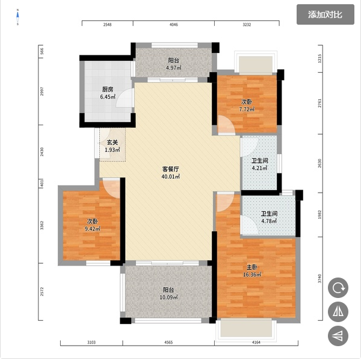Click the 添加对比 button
point(325,14)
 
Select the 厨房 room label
point(108,89)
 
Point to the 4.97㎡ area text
point(174,68)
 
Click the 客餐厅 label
point(171,169)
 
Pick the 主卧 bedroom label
point(252,267)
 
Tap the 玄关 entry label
point(113,142)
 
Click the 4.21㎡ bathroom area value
point(260,168)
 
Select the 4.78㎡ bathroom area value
point(269,221)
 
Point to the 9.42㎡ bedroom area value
point(92,229)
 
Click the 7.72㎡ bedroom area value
point(247,109)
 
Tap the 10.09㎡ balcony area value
point(168,297)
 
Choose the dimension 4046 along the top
point(174,25)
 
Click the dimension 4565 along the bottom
point(168,343)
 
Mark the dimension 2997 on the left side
point(42,92)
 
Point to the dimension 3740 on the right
point(319,279)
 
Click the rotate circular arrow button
point(338,288)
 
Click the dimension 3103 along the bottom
point(91,343)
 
